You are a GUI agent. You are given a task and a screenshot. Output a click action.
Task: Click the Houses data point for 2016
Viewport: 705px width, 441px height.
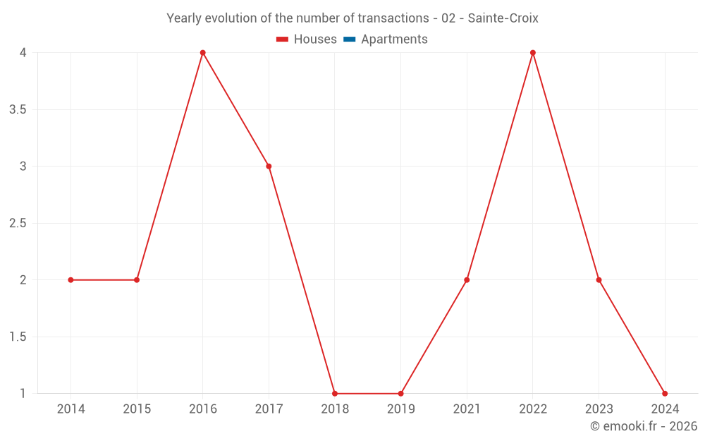point(202,53)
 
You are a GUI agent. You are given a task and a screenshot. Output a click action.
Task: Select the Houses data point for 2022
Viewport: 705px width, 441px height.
point(533,53)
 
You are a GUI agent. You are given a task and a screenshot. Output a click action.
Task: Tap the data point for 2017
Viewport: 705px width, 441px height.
point(269,167)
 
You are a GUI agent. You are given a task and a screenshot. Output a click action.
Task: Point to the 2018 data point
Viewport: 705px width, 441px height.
point(335,394)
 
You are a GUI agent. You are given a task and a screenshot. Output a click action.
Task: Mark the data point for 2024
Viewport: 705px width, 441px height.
point(665,394)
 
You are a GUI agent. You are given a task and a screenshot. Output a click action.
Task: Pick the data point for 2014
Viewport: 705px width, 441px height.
point(70,280)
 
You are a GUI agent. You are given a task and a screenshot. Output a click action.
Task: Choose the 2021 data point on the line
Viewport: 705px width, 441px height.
point(467,280)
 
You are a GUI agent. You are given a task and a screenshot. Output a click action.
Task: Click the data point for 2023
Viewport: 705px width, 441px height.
point(599,280)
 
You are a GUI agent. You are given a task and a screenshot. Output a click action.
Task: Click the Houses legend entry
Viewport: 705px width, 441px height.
point(307,40)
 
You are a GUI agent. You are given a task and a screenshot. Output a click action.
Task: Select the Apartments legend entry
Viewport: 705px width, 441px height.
point(386,40)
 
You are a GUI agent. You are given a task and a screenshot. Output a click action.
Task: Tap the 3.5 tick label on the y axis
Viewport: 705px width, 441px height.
point(18,109)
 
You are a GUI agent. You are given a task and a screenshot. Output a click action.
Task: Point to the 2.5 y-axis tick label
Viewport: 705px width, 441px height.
point(18,223)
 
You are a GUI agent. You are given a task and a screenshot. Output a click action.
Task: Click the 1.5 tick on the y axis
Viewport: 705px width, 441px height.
point(18,337)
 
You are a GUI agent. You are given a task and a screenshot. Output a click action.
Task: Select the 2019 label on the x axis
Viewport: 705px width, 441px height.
point(400,409)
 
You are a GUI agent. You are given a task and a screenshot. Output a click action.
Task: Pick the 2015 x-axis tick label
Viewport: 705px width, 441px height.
point(137,409)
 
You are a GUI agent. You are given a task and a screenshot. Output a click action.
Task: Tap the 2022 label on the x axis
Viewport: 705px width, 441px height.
point(533,409)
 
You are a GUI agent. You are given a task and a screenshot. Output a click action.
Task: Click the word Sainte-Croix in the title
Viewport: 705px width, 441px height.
point(503,18)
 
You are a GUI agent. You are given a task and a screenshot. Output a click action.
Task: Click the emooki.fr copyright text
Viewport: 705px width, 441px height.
point(644,426)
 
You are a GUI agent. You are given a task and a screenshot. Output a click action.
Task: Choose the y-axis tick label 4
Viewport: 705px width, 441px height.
point(23,53)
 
